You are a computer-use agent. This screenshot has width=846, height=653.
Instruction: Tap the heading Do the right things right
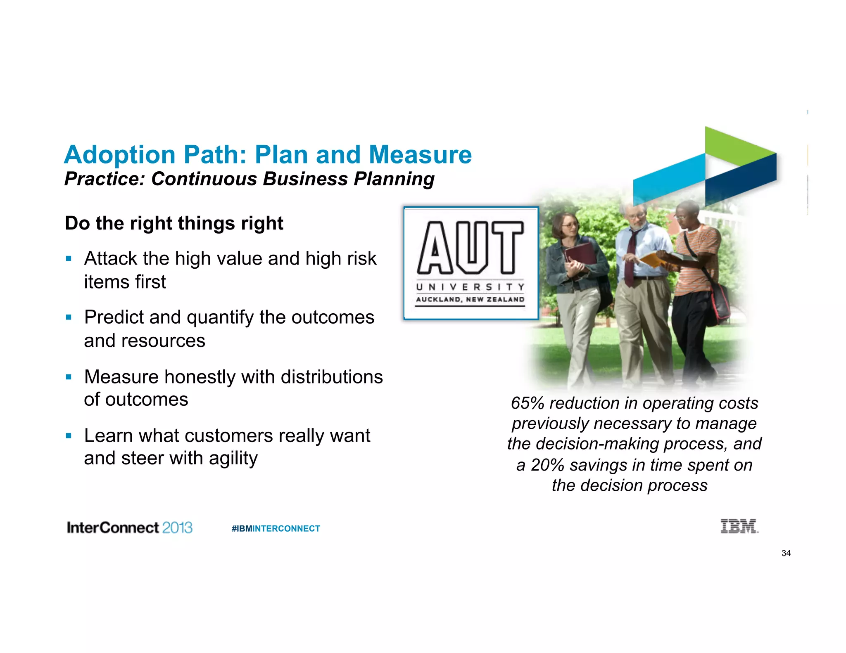coord(174,223)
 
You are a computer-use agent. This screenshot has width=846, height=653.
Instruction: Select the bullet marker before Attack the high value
coord(69,259)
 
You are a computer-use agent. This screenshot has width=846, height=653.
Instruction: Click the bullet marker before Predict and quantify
coord(69,317)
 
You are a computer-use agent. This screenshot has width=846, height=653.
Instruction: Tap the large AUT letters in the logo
coord(471,248)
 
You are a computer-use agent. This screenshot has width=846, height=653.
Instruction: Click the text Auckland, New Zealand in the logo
coord(470,299)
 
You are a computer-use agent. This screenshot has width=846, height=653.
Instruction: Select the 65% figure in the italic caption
coord(528,403)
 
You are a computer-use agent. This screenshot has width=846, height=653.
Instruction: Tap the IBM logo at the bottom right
coord(739,526)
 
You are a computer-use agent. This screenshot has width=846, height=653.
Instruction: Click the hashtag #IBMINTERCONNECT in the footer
coord(276,528)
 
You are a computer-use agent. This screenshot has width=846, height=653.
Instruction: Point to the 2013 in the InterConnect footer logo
coord(177,528)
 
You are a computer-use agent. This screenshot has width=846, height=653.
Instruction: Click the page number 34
coord(786,553)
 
